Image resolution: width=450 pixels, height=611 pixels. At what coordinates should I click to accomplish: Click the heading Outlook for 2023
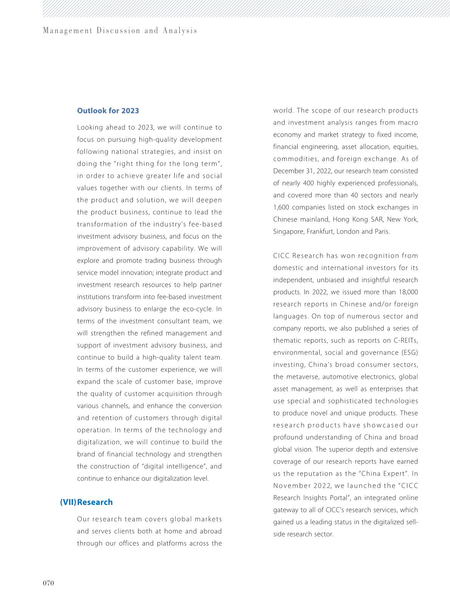[x=108, y=110]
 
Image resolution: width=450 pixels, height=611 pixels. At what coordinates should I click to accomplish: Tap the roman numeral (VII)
[x=68, y=502]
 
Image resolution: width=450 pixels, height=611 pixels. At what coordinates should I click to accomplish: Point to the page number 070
[x=48, y=583]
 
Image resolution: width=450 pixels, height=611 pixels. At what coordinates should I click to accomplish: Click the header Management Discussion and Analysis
[x=120, y=31]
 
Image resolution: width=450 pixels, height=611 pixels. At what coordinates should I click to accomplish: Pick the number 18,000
[x=408, y=292]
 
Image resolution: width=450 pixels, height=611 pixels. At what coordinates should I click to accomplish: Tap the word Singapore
[x=288, y=232]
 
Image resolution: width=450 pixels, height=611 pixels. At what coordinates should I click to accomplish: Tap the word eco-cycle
[x=198, y=309]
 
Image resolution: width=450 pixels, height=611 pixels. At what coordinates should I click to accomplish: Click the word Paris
[x=382, y=232]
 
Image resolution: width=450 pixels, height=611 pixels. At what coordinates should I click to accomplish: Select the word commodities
[x=296, y=159]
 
